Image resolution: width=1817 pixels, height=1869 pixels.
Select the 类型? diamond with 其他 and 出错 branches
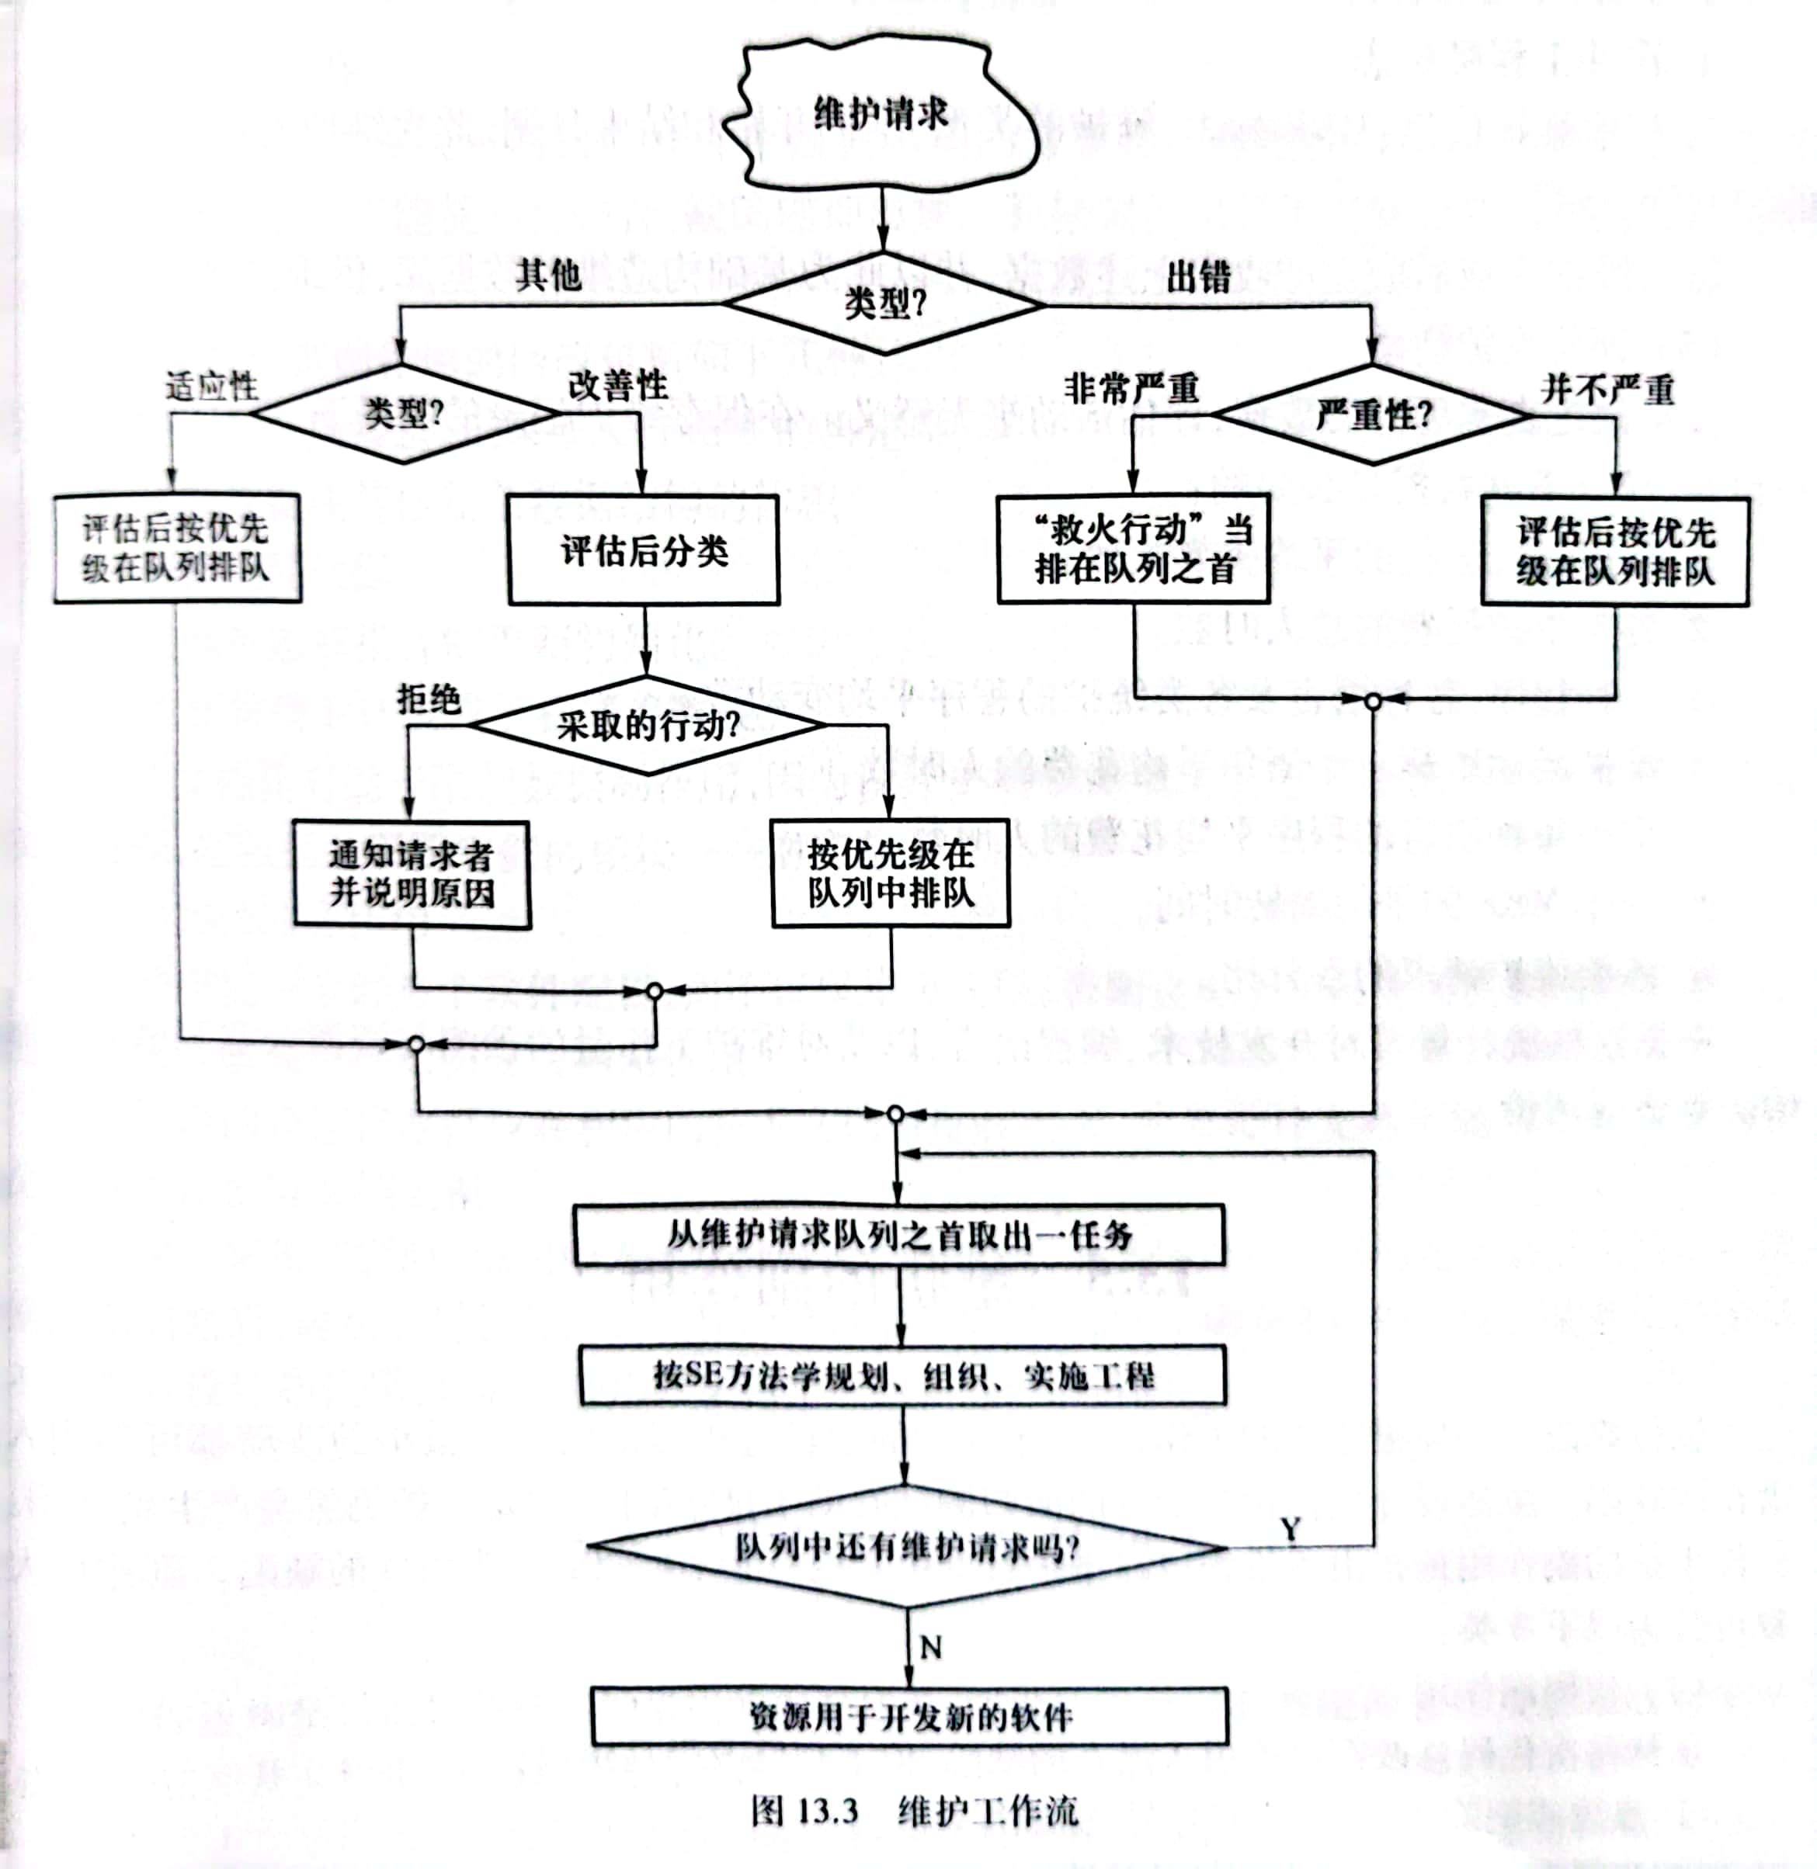[883, 304]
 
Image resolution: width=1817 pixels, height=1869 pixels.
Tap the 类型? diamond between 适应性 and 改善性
[404, 414]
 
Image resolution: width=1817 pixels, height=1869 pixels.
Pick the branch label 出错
[1199, 276]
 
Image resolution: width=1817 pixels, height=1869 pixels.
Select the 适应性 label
[212, 387]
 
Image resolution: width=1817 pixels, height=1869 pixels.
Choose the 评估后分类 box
[644, 550]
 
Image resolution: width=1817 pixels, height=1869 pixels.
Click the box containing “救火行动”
[1134, 550]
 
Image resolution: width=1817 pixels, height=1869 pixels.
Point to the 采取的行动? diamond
[648, 726]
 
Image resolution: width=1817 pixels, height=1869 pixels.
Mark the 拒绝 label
[429, 699]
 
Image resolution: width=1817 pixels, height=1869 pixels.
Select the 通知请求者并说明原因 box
[412, 874]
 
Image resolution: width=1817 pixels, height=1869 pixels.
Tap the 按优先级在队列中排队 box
[891, 873]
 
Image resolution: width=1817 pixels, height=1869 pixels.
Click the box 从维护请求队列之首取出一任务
[899, 1236]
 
